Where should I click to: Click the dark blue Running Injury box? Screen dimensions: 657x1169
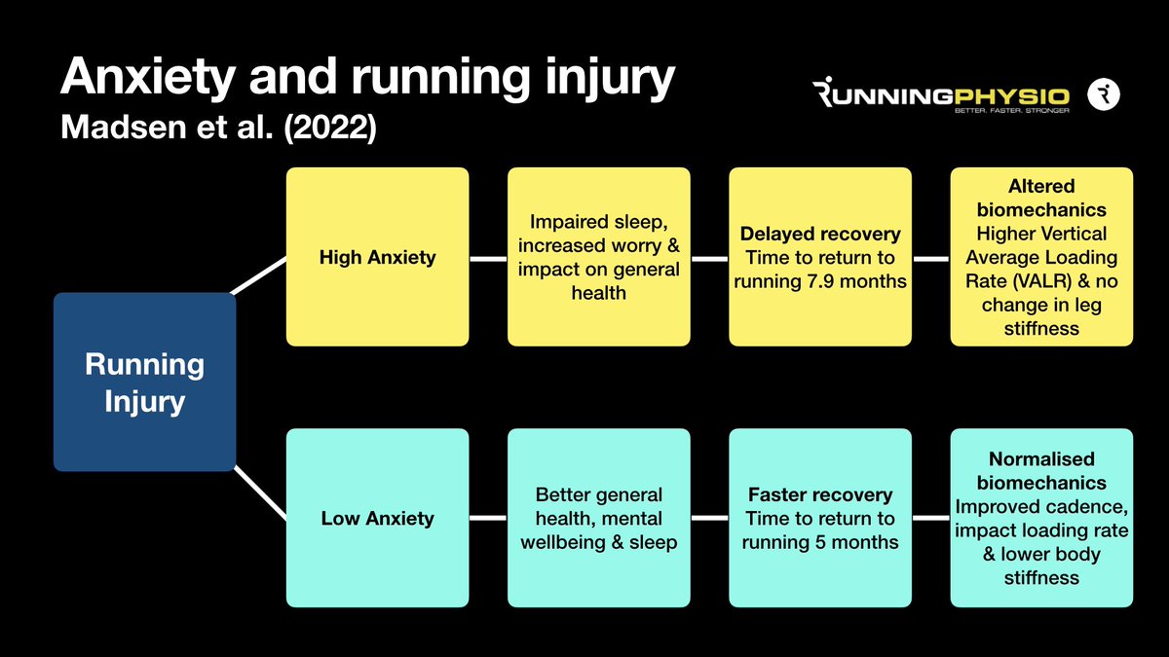pos(144,382)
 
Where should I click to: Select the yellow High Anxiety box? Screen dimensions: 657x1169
pos(377,257)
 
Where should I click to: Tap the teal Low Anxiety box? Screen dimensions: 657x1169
pos(377,518)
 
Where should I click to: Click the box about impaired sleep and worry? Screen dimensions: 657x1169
pos(598,257)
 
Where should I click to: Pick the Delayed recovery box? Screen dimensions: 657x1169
pos(820,257)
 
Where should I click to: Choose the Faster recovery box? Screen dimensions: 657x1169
pos(820,518)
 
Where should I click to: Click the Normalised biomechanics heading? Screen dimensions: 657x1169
pos(1041,470)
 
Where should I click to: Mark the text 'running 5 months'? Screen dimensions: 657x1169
pos(820,542)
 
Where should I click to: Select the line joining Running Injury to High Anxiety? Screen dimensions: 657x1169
pos(259,274)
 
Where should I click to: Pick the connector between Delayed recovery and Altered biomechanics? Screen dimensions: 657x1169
pos(931,259)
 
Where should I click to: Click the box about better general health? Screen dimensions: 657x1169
pos(598,518)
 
